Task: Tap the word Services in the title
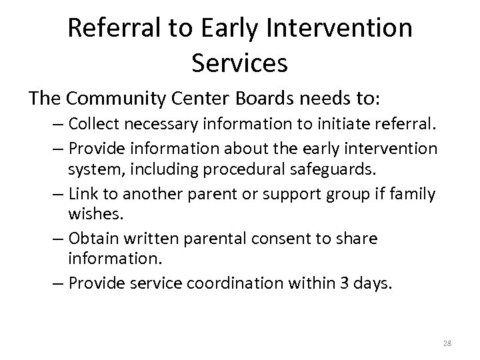[239, 63]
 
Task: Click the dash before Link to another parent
[58, 194]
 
